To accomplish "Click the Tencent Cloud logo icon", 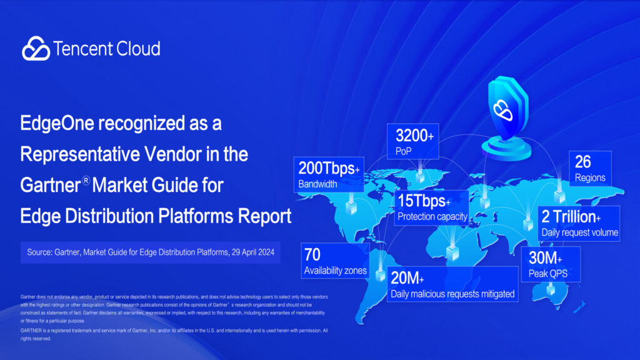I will tap(36, 48).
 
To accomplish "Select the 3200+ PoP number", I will tap(415, 135).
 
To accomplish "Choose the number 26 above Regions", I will tap(582, 162).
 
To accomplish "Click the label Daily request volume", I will tap(579, 232).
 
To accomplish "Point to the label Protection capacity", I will tap(432, 217).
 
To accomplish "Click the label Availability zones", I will tap(336, 271).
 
